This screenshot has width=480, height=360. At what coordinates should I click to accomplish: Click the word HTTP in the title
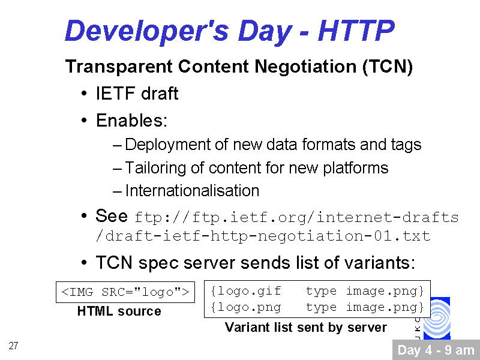point(356,30)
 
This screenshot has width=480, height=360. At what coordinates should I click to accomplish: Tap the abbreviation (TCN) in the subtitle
point(388,67)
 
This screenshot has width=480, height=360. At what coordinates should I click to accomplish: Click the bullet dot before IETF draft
point(84,93)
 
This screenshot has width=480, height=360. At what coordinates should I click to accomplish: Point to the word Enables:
point(132,121)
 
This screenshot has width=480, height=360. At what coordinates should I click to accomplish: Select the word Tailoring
point(155,168)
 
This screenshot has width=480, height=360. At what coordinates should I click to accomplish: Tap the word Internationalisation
point(192,190)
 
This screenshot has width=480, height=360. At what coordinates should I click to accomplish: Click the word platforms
point(356,168)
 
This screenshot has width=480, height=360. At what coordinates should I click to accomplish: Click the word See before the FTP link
point(112,215)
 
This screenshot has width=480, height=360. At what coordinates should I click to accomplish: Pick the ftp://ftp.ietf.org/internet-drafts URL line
point(296,217)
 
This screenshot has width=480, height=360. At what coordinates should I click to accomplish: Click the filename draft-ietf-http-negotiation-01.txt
point(263,236)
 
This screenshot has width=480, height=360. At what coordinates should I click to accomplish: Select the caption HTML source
point(119,311)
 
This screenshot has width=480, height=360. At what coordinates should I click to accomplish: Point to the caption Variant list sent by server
point(306,327)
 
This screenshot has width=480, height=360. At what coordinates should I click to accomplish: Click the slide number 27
point(13,346)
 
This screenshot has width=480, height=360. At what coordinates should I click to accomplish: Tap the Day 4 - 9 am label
point(436,350)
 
